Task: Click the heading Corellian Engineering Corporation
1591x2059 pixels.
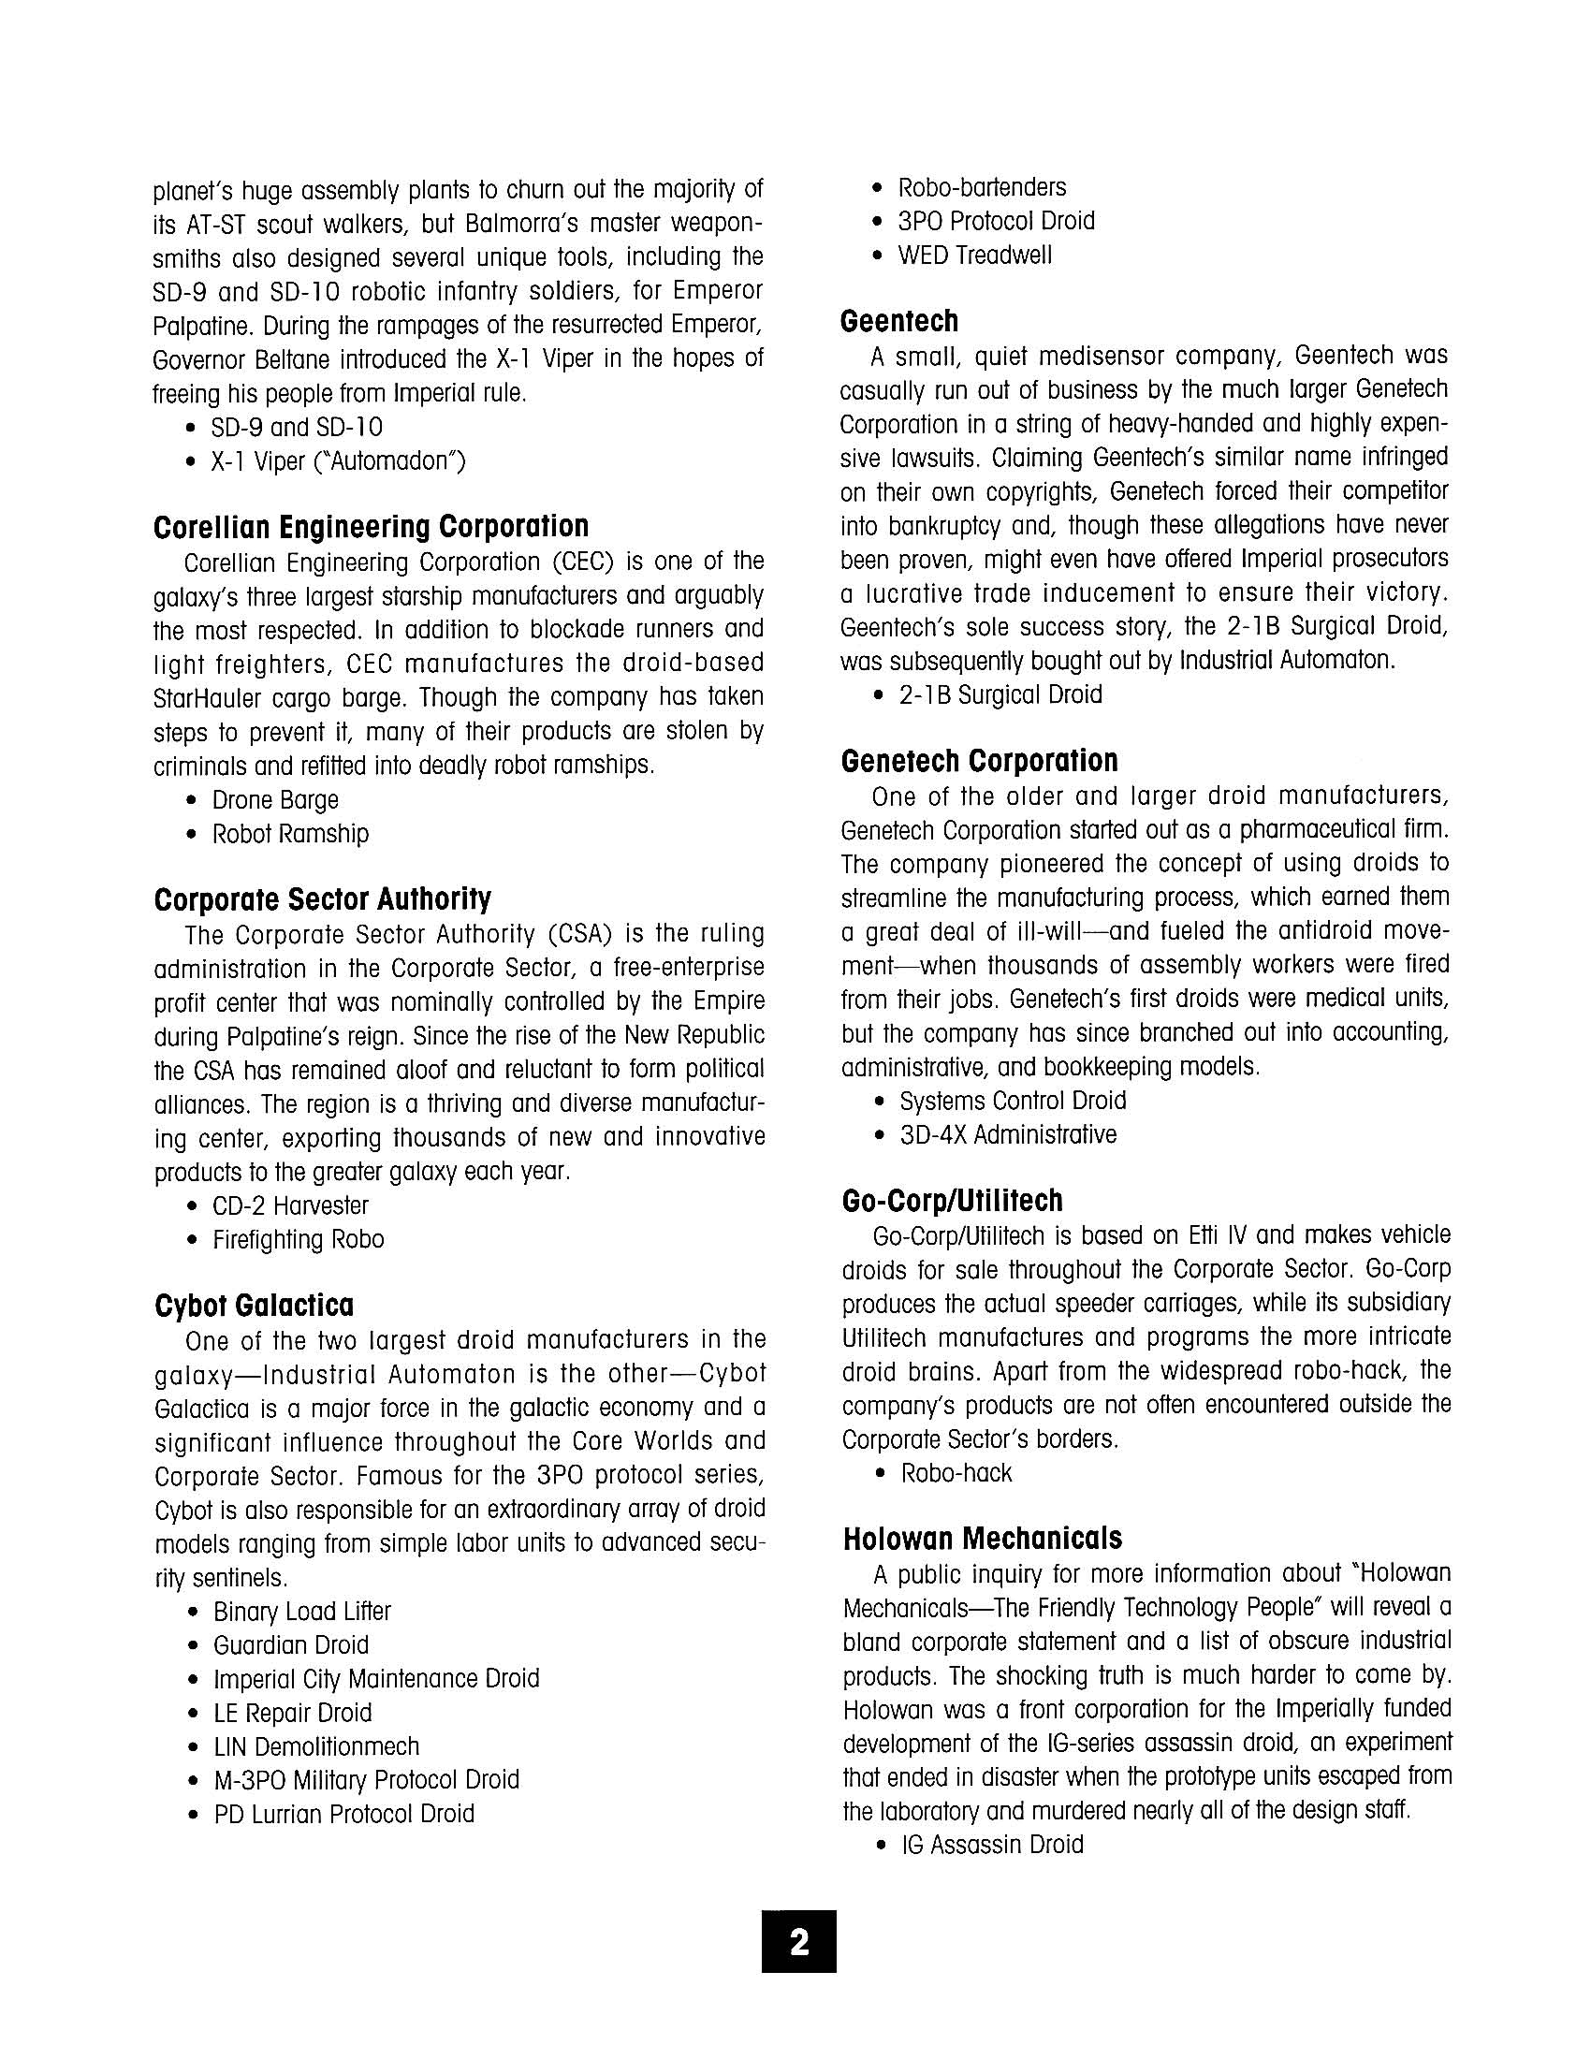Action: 371,526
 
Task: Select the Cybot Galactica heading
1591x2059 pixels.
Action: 254,1305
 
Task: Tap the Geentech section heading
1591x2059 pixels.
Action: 898,321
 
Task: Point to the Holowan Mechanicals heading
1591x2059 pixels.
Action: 982,1538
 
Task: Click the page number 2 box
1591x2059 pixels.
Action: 798,1941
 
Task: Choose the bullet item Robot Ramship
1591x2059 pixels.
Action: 289,834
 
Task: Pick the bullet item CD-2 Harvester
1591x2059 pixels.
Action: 289,1205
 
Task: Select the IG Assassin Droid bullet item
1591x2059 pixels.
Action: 991,1844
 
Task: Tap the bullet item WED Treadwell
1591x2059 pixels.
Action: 973,256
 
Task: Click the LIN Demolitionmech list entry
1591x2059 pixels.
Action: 315,1746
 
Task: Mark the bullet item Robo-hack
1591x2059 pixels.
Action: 956,1472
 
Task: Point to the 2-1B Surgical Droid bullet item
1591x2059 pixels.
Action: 1000,694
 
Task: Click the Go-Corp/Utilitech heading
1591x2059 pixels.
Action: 952,1200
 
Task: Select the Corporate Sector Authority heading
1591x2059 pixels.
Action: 322,899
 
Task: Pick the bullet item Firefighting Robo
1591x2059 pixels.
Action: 298,1240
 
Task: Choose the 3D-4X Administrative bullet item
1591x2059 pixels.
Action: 1008,1134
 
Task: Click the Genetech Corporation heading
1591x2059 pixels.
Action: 979,760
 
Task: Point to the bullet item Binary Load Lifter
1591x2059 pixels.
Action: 301,1612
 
